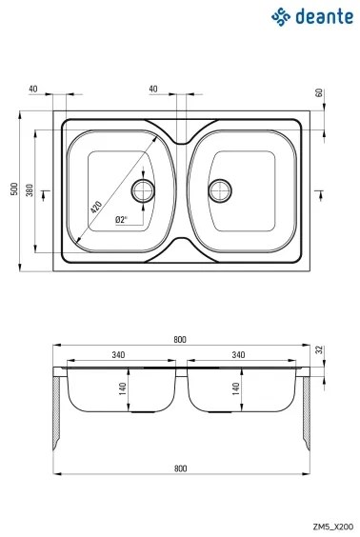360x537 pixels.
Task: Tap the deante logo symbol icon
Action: [x=280, y=16]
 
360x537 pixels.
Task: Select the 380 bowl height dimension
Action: [x=30, y=190]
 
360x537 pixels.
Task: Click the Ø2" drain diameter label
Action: [x=121, y=220]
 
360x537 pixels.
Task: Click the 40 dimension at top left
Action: [x=33, y=89]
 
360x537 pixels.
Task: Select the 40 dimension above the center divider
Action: [x=153, y=89]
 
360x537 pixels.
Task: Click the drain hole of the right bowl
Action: [x=221, y=189]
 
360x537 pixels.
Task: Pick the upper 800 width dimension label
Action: [x=181, y=340]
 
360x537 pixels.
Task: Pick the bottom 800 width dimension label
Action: [x=181, y=468]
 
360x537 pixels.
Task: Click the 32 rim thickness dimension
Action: [x=320, y=349]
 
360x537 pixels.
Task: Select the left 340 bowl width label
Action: [x=118, y=355]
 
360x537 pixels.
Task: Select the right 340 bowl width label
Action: [x=238, y=355]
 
